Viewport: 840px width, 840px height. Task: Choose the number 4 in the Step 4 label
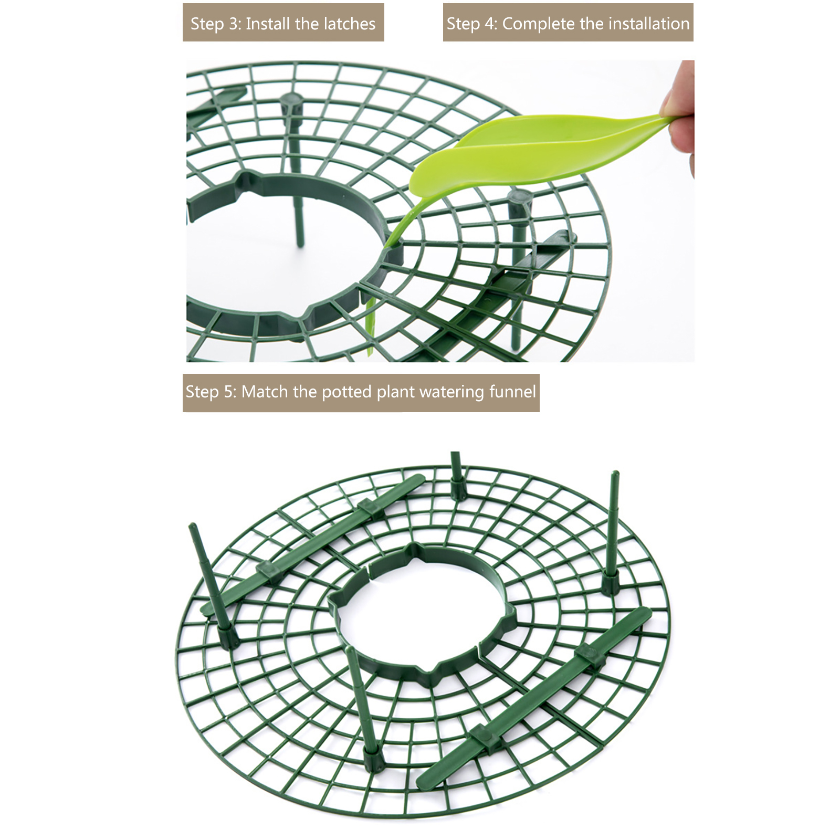coord(490,24)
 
